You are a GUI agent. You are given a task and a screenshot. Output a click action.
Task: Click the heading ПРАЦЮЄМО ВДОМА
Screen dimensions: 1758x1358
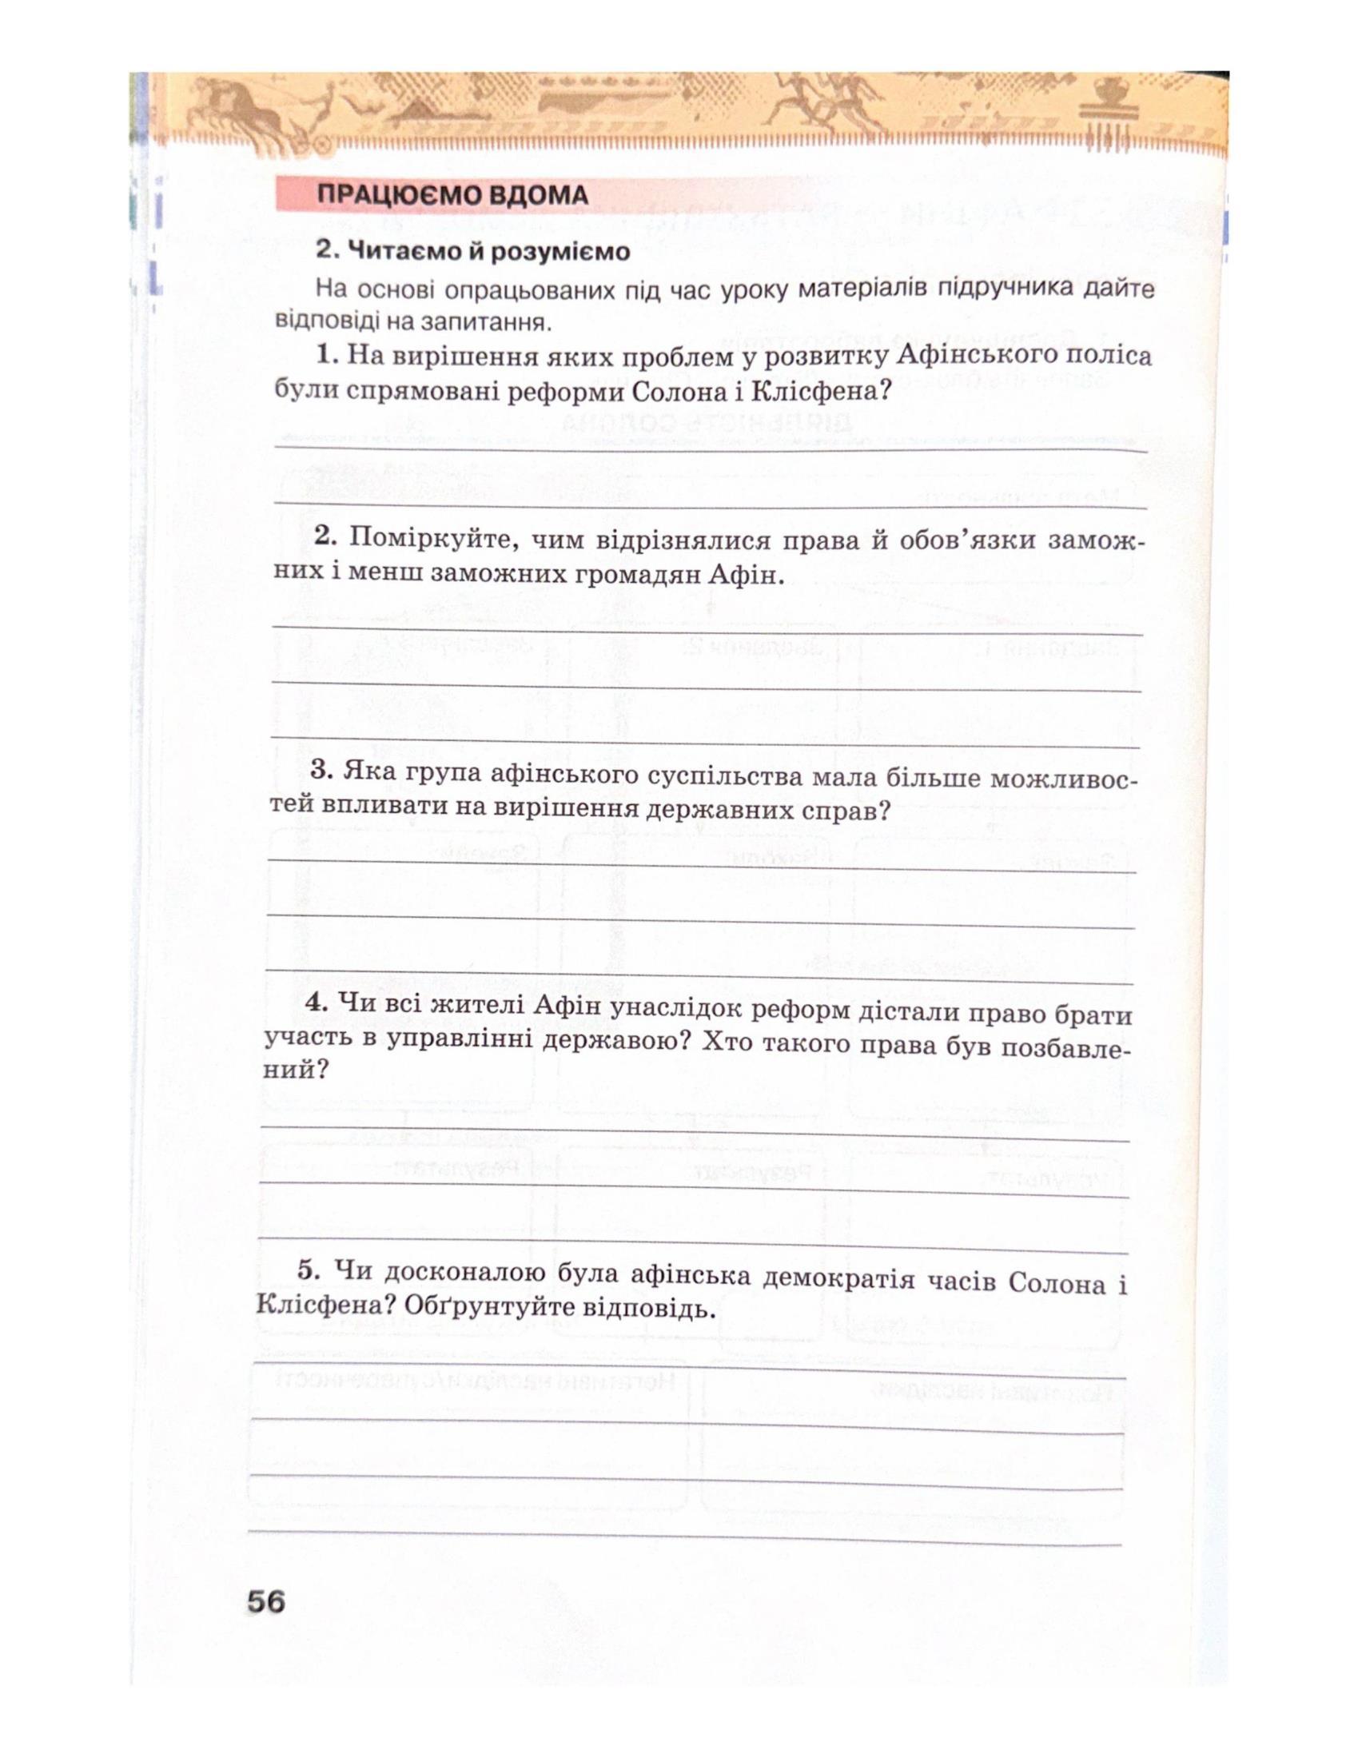point(452,196)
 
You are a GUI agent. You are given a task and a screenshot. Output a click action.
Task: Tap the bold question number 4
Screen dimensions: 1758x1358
point(315,1003)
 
